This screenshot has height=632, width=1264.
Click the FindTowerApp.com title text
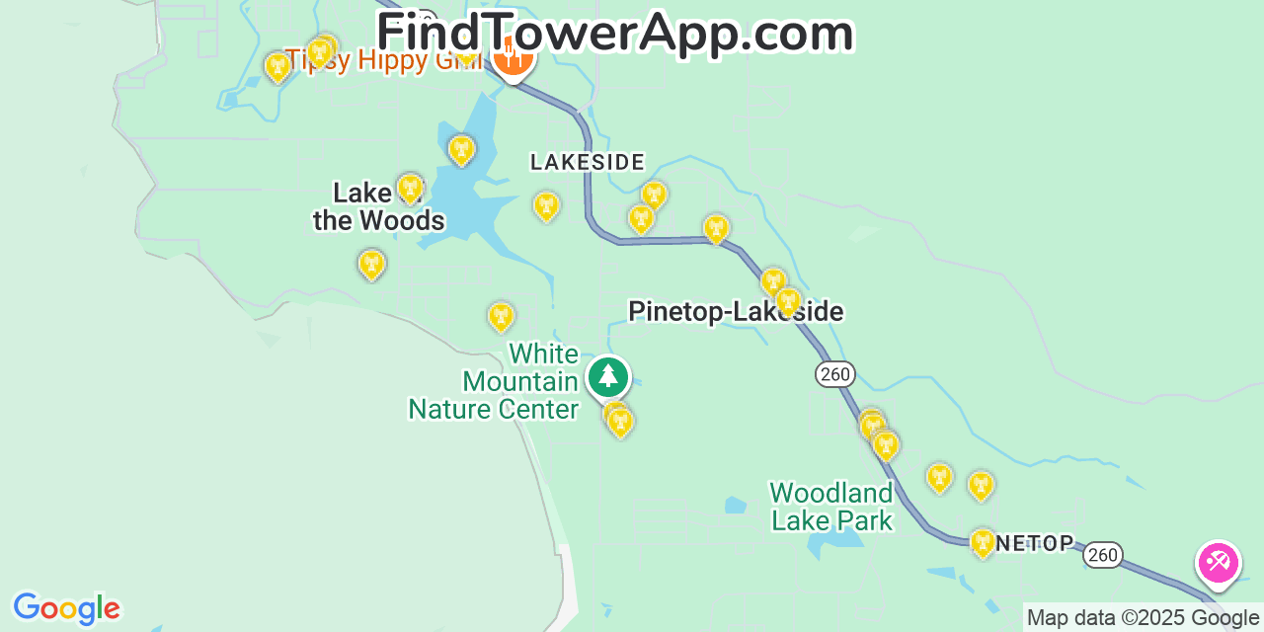614,34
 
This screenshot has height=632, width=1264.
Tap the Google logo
66,608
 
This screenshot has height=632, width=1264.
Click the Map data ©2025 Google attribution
1143,618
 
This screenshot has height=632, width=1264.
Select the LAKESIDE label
587,162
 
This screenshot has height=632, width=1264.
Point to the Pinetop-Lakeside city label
736,312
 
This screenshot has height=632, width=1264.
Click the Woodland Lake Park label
831,507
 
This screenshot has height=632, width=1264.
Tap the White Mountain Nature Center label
494,381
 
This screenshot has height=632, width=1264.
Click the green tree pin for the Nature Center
608,377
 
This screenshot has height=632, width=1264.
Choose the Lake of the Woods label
379,206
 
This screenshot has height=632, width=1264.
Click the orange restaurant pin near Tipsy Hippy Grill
513,59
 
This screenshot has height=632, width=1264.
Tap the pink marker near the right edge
1218,564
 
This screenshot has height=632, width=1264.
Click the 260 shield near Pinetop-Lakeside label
835,374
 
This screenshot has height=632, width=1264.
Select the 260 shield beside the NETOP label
1102,555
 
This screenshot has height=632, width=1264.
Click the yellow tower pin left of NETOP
983,542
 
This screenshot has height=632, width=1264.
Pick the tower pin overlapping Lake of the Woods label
410,188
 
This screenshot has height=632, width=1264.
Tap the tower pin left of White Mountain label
502,316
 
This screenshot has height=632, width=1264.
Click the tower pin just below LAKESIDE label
546,205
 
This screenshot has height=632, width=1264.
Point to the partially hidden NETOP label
1034,543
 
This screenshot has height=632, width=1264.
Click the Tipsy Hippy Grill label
383,61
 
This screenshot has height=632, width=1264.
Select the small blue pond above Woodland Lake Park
736,506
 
